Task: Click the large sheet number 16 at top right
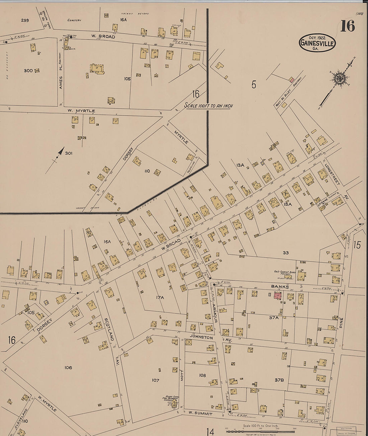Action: pos(348,26)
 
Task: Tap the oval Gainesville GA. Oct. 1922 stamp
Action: pos(317,43)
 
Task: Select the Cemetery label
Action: pos(74,20)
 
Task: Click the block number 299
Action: pos(25,20)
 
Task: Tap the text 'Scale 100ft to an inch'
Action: pos(209,106)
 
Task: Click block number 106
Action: pos(68,368)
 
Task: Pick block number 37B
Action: pos(279,380)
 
